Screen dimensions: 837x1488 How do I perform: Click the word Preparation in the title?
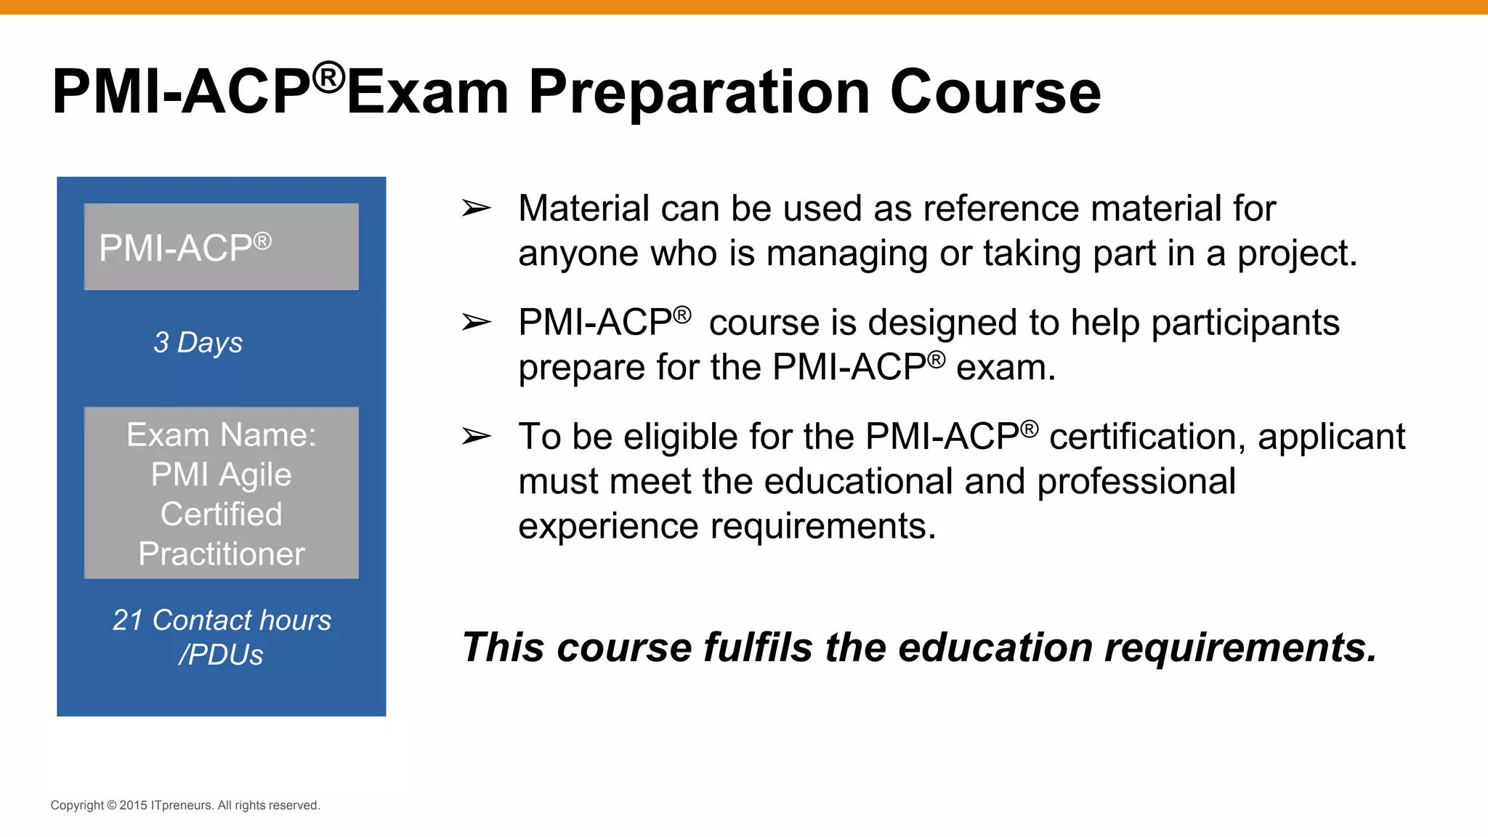699,92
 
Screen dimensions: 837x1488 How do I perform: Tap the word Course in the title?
995,92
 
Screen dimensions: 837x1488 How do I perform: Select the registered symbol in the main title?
328,77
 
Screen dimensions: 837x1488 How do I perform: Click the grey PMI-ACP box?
221,246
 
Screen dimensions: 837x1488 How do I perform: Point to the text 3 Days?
198,342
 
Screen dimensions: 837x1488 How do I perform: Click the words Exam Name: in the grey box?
221,435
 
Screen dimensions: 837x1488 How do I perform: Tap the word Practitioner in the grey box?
221,554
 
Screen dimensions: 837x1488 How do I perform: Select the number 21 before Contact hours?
128,620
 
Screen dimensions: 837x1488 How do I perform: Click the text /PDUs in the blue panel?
221,655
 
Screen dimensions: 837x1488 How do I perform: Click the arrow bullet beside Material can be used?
477,209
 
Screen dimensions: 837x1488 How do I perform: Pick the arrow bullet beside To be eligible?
477,437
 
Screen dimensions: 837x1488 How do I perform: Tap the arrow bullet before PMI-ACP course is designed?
477,322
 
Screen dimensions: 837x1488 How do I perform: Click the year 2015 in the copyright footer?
133,805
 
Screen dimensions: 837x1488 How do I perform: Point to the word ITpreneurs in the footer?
182,805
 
